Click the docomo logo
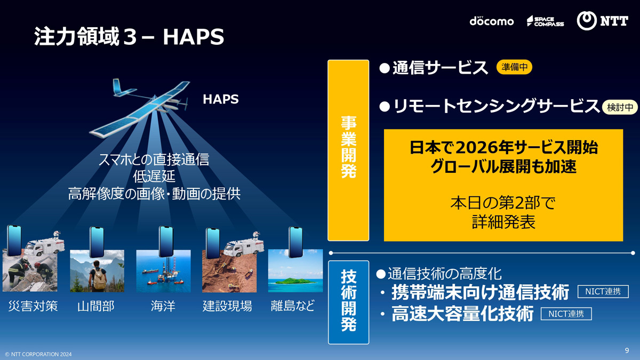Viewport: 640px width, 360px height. pos(491,21)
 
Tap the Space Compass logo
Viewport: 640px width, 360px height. pos(545,21)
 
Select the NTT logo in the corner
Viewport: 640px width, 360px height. pos(602,21)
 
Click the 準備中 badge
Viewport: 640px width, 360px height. pos(514,67)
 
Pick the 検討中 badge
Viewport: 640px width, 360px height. pos(620,107)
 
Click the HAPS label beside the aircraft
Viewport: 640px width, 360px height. pos(221,99)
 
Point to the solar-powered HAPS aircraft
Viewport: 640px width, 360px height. pos(140,108)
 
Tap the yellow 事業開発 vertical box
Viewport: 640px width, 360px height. pos(348,150)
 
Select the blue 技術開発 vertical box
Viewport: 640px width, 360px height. pos(349,302)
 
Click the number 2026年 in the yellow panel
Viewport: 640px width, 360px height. pos(483,148)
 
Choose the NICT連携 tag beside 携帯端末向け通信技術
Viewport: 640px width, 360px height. pos(603,291)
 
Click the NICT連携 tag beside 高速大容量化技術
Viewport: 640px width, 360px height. pos(566,314)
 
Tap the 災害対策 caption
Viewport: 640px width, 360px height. pos(33,306)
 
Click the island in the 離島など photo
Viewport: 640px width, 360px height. pos(295,281)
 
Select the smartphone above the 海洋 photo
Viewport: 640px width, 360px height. pos(166,242)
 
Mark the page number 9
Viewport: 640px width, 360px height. pos(627,350)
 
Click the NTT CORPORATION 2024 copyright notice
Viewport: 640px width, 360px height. pos(38,354)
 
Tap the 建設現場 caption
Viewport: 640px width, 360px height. pos(227,306)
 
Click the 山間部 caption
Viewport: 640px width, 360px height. pos(95,306)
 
